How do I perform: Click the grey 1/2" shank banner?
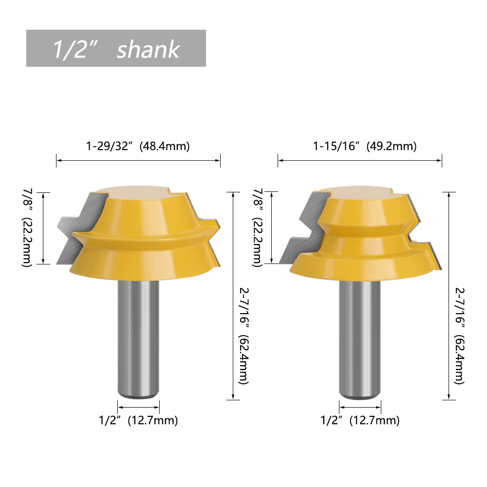pos(116,48)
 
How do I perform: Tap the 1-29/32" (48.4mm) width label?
pos(138,146)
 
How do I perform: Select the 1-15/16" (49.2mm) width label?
pos(364,146)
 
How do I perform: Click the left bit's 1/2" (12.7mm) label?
pos(138,420)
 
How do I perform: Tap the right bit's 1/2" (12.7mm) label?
pos(360,420)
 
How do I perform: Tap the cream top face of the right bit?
pos(360,191)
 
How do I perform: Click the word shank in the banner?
pos(148,49)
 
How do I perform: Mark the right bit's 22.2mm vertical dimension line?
pos(271,227)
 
